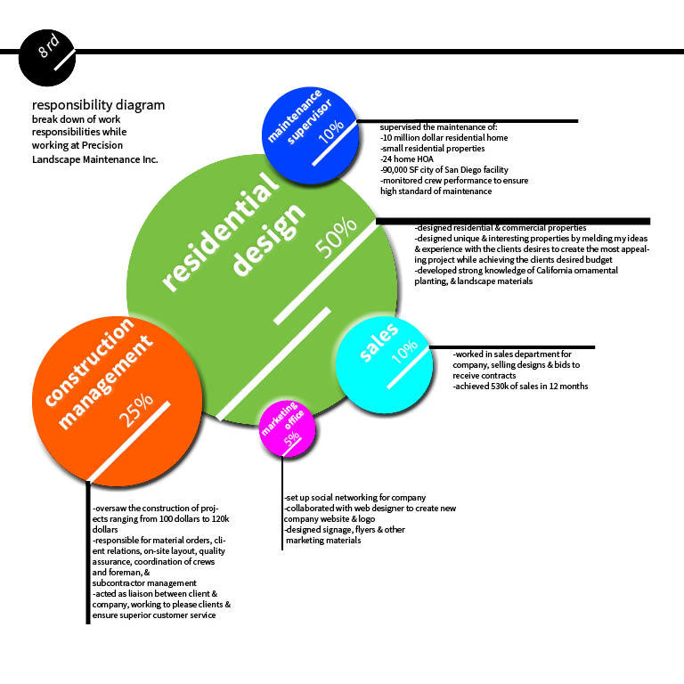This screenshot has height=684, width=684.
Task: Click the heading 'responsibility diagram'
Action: coord(98,105)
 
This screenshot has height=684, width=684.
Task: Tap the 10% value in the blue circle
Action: coord(330,132)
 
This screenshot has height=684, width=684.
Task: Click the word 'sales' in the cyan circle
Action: coord(379,344)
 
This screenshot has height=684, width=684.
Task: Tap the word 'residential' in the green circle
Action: coord(219,233)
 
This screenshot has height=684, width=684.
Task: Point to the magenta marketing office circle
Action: coord(286,429)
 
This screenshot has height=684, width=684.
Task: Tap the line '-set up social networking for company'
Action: coord(354,497)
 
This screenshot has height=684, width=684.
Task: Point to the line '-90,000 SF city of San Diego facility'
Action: coord(444,169)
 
